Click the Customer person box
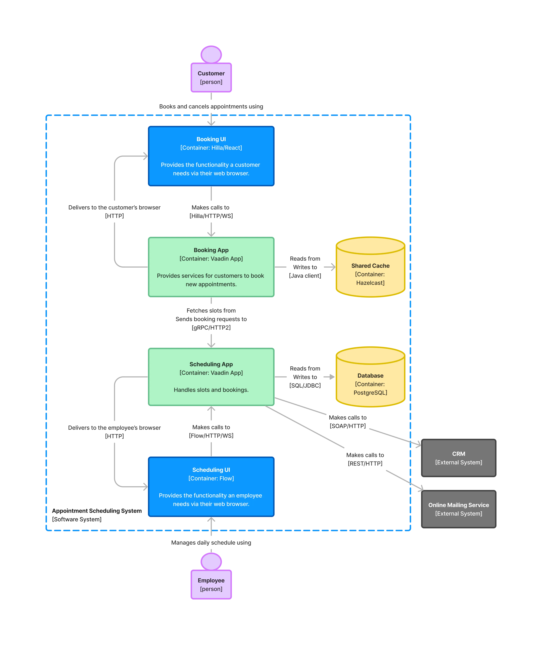(x=211, y=77)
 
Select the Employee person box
(x=211, y=585)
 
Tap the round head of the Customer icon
(x=211, y=55)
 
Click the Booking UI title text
(x=211, y=139)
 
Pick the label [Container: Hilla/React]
(x=211, y=148)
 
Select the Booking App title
(x=211, y=250)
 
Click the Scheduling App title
(x=211, y=364)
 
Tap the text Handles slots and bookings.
(x=211, y=390)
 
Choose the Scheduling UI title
(x=211, y=470)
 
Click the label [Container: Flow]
(x=211, y=479)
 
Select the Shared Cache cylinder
(x=370, y=267)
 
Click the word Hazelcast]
(x=370, y=283)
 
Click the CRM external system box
(x=458, y=458)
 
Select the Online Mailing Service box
(x=458, y=509)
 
